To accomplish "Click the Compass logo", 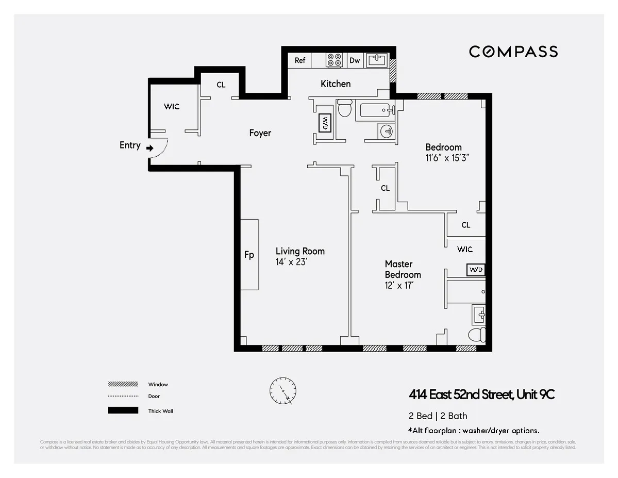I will pos(513,52).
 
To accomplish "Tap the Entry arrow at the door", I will pos(150,148).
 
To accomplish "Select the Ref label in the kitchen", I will pos(300,60).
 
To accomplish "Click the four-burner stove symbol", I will pos(335,60).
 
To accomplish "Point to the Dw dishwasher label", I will pos(355,60).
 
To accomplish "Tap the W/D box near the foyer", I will pos(325,123).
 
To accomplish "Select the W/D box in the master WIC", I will pos(475,270).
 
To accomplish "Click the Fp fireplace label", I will pos(249,255).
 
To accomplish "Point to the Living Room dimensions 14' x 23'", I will pos(292,262).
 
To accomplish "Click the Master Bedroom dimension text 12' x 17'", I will pos(399,285).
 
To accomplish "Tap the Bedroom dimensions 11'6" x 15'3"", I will pos(447,158).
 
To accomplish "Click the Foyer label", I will pos(260,133).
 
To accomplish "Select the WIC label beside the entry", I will pos(172,107).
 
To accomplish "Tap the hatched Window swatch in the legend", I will pos(123,384).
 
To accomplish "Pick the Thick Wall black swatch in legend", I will pos(123,410).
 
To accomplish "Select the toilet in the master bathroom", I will pos(477,335).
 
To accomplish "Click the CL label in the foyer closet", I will pos(221,85).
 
